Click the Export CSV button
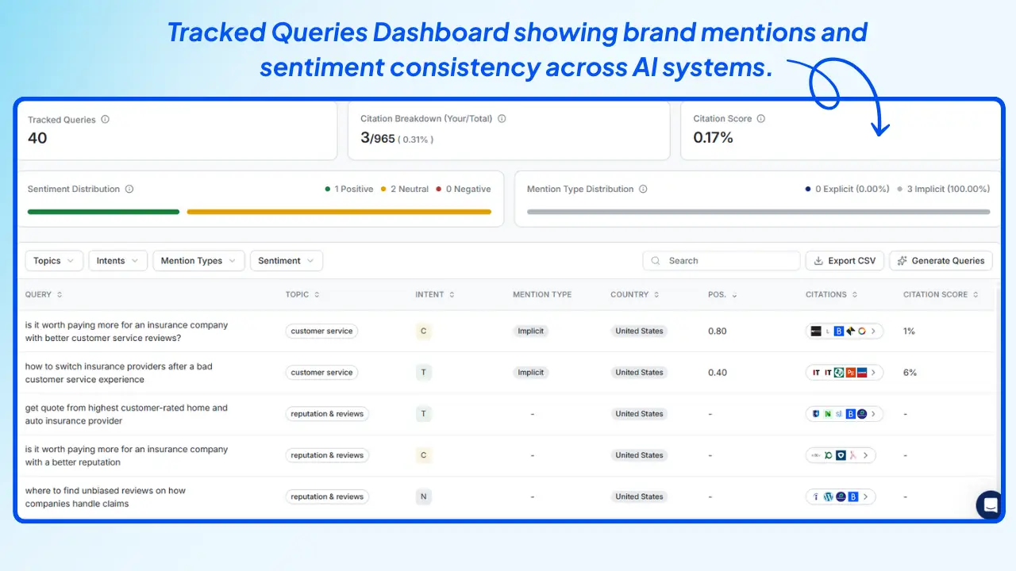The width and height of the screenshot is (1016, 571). click(x=845, y=261)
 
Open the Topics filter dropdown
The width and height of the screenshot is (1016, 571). click(x=54, y=261)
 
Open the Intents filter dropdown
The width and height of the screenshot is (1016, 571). click(x=117, y=261)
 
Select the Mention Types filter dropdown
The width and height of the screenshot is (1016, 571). click(x=198, y=261)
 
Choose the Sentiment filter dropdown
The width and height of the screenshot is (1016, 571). click(x=286, y=261)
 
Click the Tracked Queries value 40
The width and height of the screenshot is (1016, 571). click(x=37, y=138)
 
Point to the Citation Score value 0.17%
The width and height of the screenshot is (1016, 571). click(x=713, y=138)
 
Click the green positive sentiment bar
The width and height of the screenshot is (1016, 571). click(x=103, y=212)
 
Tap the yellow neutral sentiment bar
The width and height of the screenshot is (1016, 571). click(x=339, y=212)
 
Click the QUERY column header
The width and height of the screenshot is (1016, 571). click(x=38, y=295)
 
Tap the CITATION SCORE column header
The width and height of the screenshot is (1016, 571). click(x=935, y=295)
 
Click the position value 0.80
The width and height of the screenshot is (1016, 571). click(x=717, y=331)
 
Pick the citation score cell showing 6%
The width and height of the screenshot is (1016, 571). click(x=910, y=373)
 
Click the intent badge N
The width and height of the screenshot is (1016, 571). click(x=423, y=497)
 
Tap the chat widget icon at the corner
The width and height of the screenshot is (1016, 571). click(x=990, y=504)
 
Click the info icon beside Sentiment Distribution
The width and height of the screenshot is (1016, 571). click(x=129, y=190)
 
